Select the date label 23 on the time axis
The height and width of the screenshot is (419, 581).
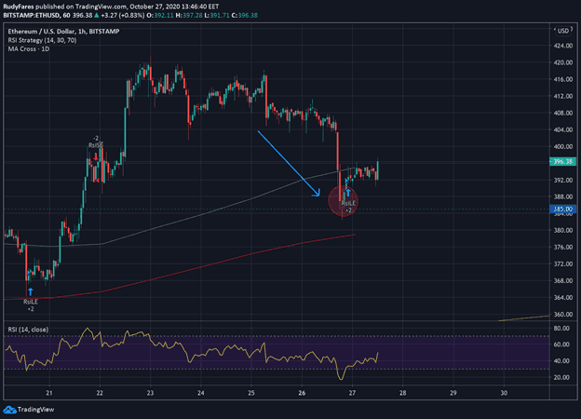tap(151, 393)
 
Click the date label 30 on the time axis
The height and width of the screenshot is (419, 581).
tap(503, 393)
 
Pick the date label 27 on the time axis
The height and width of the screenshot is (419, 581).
tap(352, 393)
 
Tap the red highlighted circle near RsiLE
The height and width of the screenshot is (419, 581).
tap(343, 201)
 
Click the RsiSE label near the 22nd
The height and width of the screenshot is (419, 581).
tap(95, 145)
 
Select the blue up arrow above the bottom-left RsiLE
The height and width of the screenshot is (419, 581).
tap(31, 291)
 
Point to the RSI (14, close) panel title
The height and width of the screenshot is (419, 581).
tap(27, 330)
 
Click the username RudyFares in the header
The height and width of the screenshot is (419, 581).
tap(21, 6)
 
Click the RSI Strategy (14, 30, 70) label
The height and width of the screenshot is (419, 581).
tap(42, 40)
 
